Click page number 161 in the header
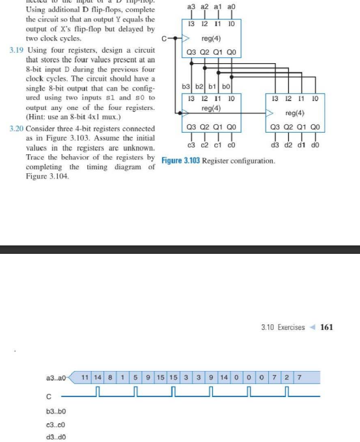coord(327,327)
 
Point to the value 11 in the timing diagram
coord(86,377)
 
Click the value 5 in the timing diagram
coord(135,377)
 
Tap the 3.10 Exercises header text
coord(282,327)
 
